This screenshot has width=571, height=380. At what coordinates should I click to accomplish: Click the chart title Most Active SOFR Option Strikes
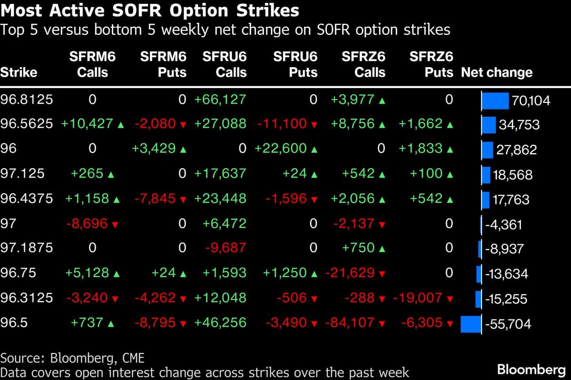pyautogui.click(x=150, y=10)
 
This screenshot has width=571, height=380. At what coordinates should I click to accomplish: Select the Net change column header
pyautogui.click(x=496, y=73)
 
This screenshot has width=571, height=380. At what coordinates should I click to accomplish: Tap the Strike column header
pyautogui.click(x=19, y=73)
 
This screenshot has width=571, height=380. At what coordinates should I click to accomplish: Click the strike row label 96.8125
pyautogui.click(x=27, y=100)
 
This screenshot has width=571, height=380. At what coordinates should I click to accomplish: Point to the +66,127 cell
pyautogui.click(x=220, y=100)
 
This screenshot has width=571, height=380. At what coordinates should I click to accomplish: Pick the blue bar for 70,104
pyautogui.click(x=495, y=100)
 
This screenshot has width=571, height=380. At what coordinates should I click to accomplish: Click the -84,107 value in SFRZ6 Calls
pyautogui.click(x=351, y=322)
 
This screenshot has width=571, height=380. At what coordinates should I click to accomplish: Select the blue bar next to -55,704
pyautogui.click(x=471, y=324)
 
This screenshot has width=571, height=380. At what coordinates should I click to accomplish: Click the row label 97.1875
pyautogui.click(x=27, y=248)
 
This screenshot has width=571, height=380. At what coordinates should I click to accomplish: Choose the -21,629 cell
pyautogui.click(x=351, y=273)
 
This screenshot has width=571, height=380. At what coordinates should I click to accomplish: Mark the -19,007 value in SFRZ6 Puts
pyautogui.click(x=417, y=298)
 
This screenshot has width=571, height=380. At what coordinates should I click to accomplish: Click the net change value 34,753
pyautogui.click(x=519, y=125)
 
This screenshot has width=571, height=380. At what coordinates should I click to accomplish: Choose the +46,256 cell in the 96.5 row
pyautogui.click(x=220, y=322)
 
